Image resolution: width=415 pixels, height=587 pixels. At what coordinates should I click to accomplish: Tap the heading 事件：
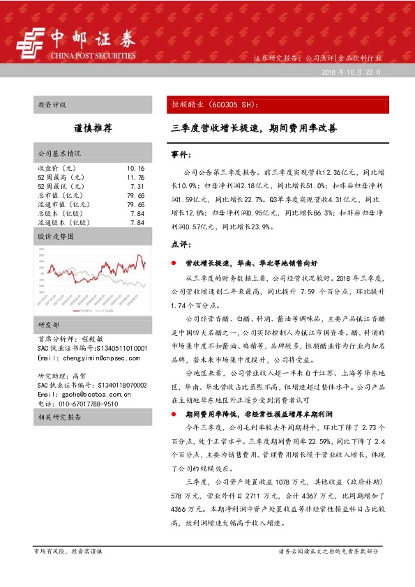[181, 153]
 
